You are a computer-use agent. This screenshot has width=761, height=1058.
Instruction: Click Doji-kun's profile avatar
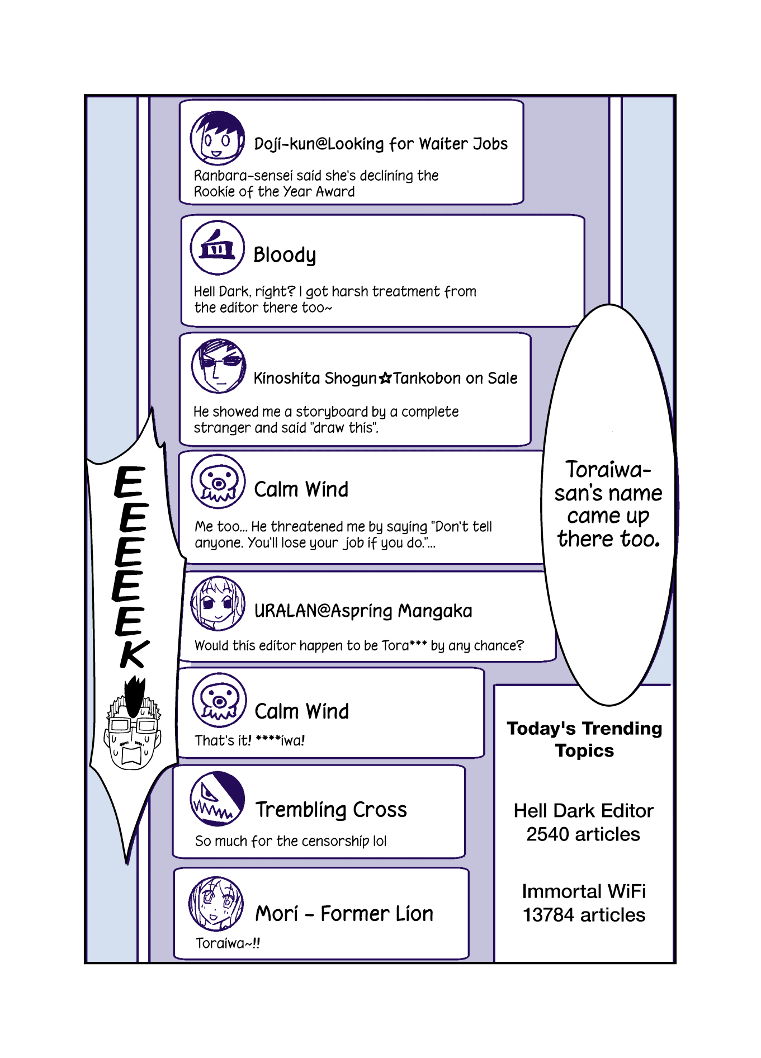click(217, 138)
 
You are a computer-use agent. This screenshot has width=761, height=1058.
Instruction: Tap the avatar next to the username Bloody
click(218, 248)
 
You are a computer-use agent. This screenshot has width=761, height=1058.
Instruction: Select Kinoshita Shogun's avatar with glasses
click(218, 366)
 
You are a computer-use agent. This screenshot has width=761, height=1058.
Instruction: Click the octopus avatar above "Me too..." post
click(218, 481)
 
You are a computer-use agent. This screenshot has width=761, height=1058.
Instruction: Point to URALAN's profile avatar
click(218, 603)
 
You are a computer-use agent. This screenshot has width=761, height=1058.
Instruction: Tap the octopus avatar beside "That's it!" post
click(219, 700)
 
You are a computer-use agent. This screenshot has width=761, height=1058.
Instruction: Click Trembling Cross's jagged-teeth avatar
click(218, 799)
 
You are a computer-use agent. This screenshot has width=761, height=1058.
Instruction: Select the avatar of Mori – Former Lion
click(216, 904)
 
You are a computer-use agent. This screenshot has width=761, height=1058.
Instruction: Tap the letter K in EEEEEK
click(134, 653)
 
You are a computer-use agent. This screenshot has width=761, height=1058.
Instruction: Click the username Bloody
click(285, 256)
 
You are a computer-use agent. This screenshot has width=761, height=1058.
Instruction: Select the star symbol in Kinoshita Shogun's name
click(385, 379)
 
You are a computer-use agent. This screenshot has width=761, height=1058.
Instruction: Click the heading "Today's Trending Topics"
click(584, 739)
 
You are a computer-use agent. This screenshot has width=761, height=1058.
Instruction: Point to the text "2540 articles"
click(583, 834)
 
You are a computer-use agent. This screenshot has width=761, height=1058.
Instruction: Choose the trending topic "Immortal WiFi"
click(584, 891)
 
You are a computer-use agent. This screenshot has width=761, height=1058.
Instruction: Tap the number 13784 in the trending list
click(549, 915)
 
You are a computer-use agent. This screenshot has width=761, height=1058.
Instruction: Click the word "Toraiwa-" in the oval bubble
click(608, 470)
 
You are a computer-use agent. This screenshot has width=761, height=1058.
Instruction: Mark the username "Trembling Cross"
click(331, 810)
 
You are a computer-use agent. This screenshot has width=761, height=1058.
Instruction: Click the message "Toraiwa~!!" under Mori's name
click(228, 943)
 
